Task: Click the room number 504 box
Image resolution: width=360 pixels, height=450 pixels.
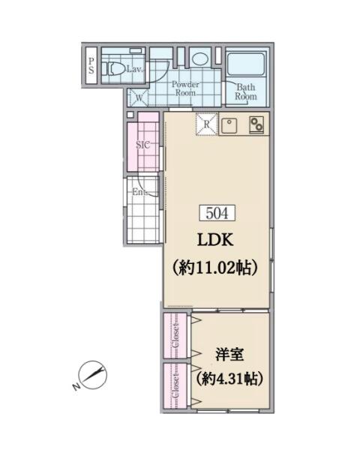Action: (217, 213)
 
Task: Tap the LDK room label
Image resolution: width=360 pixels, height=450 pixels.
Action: (215, 240)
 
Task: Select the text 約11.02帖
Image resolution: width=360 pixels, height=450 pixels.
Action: (215, 268)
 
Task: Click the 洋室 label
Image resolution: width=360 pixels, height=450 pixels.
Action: (229, 355)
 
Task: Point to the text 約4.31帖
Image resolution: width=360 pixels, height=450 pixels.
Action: (229, 379)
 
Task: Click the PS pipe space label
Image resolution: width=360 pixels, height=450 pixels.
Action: (91, 65)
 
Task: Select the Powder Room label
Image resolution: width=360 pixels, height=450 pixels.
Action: (185, 88)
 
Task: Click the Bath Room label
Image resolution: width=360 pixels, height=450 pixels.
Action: (246, 91)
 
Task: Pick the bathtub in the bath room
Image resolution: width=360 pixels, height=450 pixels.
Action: (246, 64)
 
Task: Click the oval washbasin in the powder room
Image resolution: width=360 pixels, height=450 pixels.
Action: (200, 58)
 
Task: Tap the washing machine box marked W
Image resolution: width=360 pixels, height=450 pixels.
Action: (139, 97)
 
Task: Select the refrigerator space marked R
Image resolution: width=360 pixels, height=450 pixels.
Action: (207, 124)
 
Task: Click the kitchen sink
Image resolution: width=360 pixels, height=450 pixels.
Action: (229, 125)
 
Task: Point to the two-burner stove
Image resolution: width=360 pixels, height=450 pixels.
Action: (256, 124)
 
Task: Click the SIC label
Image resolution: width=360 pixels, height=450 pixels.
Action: (142, 145)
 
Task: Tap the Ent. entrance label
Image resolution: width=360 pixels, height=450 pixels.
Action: (139, 192)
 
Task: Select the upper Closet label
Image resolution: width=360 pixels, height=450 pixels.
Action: (175, 336)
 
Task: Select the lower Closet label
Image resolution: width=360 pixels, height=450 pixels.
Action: (175, 385)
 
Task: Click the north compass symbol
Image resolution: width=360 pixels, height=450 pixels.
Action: (92, 374)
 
